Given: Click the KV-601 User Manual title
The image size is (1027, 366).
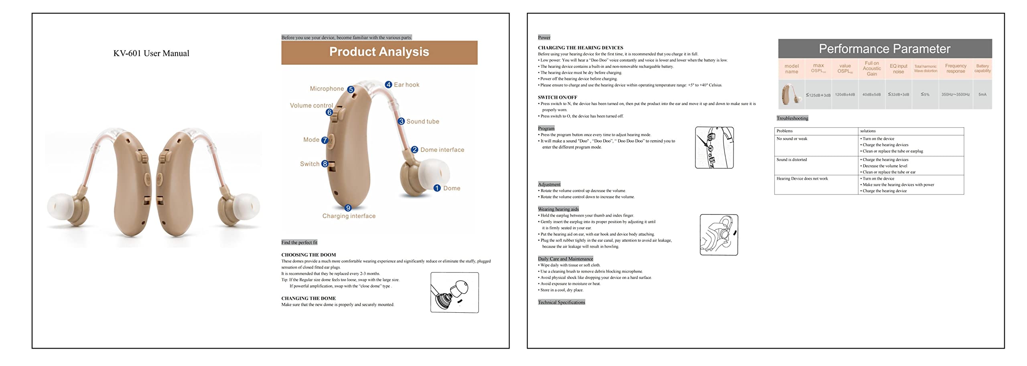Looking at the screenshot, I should click(x=151, y=53).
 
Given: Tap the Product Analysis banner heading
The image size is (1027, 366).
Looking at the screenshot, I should click(x=379, y=52).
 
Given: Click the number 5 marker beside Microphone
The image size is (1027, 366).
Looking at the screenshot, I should click(x=351, y=89).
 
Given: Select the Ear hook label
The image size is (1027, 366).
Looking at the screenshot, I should click(x=406, y=85).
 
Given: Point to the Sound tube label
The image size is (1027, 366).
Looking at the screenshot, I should click(x=422, y=121).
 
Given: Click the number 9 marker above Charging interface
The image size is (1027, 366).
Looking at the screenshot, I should click(x=348, y=208).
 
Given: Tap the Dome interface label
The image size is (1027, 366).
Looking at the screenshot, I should click(x=442, y=150).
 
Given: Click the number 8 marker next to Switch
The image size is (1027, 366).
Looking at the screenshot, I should click(x=325, y=164).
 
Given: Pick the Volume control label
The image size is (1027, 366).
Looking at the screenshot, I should click(x=311, y=105).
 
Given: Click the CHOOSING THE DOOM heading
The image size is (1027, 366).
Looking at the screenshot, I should click(x=309, y=255).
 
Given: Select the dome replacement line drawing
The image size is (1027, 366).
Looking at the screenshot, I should click(x=455, y=293).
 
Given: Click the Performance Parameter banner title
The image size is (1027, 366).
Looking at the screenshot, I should click(x=885, y=49).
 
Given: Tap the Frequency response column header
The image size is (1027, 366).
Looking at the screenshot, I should click(x=956, y=69).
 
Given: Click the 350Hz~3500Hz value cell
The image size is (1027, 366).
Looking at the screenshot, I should click(x=956, y=95).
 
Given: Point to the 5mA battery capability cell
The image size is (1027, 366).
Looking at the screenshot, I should click(x=982, y=95).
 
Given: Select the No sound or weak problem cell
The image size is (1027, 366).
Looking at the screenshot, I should click(x=792, y=139).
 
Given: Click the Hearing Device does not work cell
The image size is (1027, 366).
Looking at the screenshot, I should click(x=802, y=179).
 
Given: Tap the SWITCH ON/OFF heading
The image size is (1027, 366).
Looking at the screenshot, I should click(x=557, y=97).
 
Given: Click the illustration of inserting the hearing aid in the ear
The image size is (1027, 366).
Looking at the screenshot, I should click(x=719, y=235).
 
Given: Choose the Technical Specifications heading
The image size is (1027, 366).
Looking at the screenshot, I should click(x=561, y=302).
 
